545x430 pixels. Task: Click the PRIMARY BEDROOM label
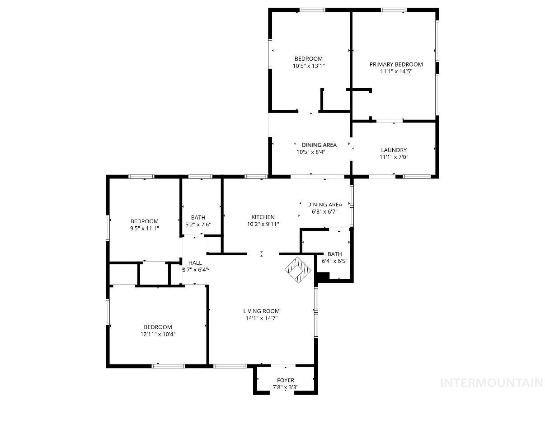396,65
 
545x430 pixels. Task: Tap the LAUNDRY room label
394,150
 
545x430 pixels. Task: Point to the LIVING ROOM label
261,311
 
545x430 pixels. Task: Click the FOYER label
285,380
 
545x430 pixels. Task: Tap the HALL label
195,263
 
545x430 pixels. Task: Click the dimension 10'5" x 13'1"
309,66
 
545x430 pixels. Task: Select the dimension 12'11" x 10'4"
158,334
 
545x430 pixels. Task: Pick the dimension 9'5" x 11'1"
145,228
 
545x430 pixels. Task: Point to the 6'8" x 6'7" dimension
324,211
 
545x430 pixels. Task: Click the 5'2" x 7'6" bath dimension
198,225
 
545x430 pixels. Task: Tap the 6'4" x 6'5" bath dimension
334,261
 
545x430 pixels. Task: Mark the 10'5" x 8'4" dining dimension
311,152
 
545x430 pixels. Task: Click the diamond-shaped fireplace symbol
298,270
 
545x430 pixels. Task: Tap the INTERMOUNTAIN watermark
491,383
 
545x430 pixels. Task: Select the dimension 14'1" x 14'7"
261,318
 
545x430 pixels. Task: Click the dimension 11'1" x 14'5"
396,71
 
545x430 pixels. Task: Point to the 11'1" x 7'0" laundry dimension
394,157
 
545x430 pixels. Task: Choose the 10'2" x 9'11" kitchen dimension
263,224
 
